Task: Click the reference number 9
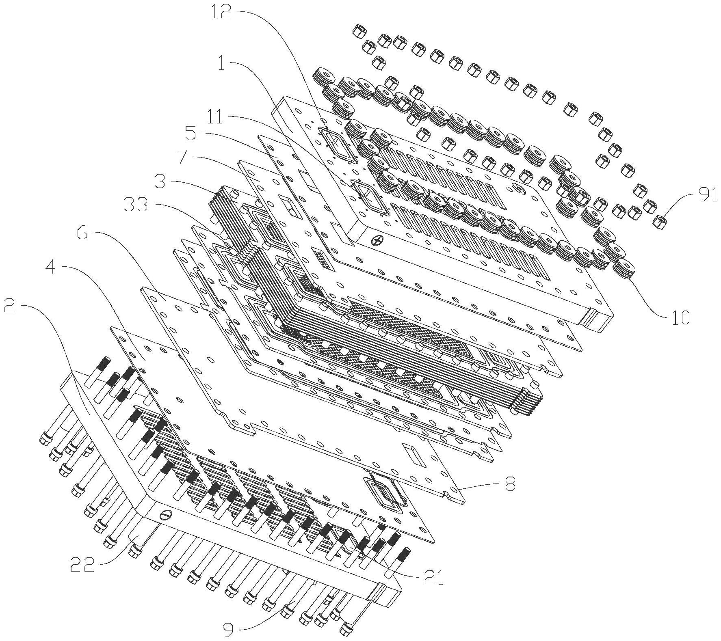pos(230,629)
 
